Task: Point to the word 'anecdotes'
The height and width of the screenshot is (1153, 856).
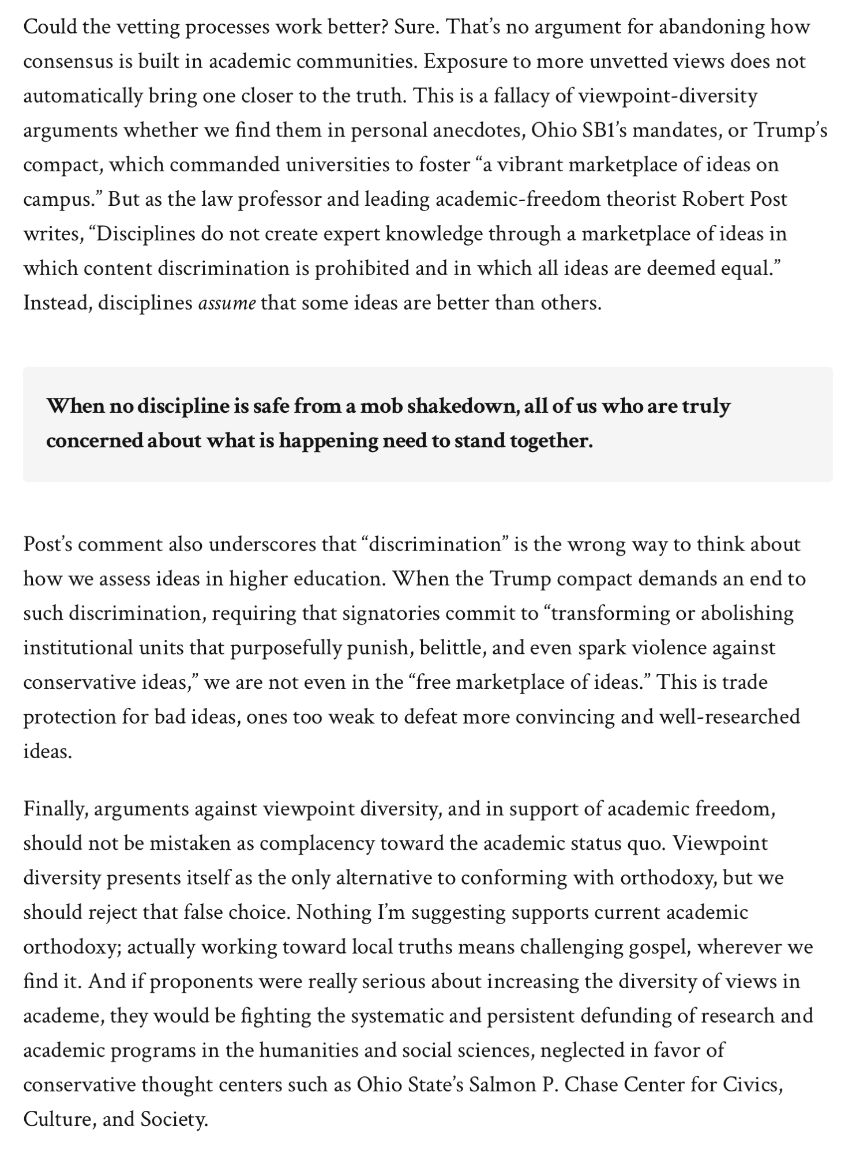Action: pos(474,130)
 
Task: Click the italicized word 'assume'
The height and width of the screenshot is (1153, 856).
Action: pos(227,303)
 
